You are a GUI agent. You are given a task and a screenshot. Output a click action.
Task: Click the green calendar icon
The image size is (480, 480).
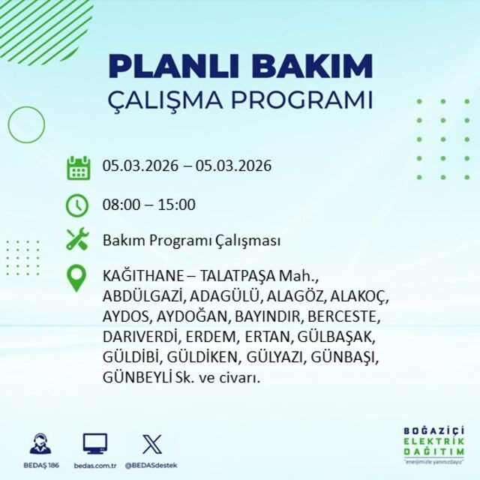[78, 166]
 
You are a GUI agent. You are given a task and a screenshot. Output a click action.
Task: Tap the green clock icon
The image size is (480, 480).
[78, 204]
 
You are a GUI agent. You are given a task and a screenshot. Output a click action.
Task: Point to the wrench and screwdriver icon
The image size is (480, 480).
[78, 240]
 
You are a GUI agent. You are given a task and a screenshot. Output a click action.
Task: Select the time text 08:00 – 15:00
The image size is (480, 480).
[148, 204]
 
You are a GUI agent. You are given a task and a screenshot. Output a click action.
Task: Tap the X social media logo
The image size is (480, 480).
[151, 444]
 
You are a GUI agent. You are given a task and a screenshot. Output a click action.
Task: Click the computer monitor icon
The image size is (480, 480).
[94, 444]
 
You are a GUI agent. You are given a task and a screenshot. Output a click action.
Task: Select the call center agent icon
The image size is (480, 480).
[40, 444]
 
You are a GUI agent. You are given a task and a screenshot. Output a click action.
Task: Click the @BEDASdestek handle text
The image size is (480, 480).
[151, 466]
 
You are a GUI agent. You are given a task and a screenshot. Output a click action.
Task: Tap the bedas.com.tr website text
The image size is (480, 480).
[94, 466]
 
